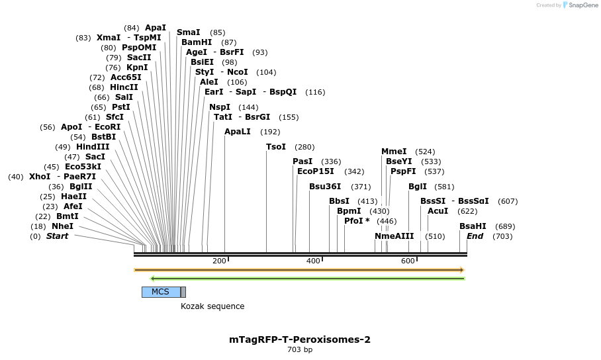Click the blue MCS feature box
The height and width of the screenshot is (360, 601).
(x=160, y=292)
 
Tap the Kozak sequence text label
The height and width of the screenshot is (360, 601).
(x=212, y=306)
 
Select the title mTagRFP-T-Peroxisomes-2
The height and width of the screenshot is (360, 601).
(x=300, y=339)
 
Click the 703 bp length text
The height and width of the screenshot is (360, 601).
(x=300, y=350)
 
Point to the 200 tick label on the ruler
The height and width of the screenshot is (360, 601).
(x=219, y=261)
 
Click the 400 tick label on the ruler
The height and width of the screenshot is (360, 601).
(x=313, y=261)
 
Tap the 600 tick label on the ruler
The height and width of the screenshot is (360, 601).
(x=408, y=261)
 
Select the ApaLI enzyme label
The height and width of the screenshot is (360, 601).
(x=238, y=132)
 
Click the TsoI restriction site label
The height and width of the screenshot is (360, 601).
(x=276, y=147)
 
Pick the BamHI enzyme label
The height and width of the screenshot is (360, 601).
(x=197, y=42)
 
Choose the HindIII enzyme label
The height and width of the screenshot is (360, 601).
(x=92, y=147)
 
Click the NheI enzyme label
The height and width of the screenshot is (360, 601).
(x=62, y=226)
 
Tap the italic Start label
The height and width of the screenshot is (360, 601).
(x=57, y=236)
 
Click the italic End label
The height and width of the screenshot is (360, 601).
(x=475, y=236)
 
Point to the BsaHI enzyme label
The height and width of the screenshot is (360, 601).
(x=473, y=226)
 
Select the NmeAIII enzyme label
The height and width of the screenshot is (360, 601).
(x=394, y=236)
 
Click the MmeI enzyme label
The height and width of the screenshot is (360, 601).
(x=394, y=152)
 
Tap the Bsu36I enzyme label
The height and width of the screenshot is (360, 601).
(x=325, y=187)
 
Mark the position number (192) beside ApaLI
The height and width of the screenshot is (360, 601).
(x=270, y=132)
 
